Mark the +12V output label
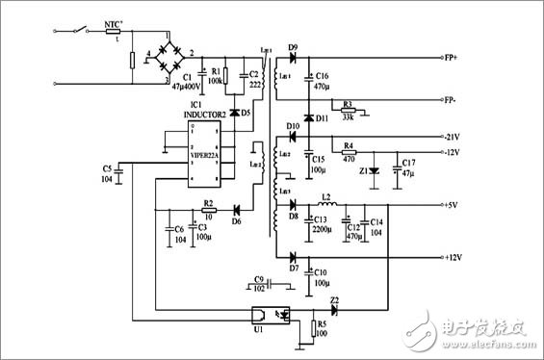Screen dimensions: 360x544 tap(456, 257)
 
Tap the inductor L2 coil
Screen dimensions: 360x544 tap(327, 205)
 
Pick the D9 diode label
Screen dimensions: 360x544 tap(293, 46)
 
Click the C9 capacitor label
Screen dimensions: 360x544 tap(258, 278)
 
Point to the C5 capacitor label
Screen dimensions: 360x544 tap(107, 168)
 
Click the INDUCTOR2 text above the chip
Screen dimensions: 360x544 tap(203, 114)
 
